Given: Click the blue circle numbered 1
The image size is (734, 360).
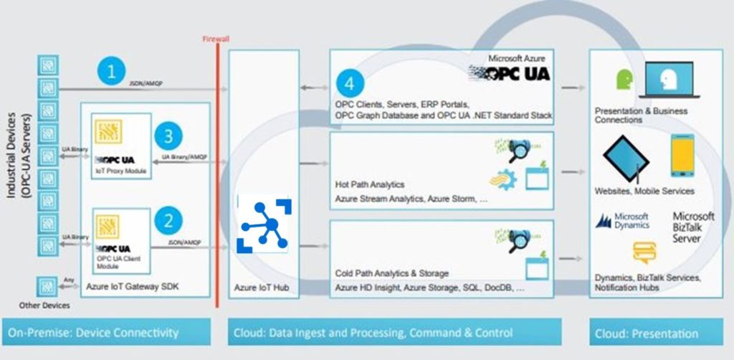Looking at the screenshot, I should click(111, 72).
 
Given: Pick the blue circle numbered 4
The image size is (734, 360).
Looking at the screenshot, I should click(349, 83).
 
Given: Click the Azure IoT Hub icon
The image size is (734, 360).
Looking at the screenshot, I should click(264, 224).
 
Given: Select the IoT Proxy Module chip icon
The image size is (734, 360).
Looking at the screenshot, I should click(109, 132).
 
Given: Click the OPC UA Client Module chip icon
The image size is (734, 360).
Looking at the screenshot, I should click(109, 225).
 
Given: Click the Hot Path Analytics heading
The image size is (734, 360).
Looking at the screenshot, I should click(369, 184).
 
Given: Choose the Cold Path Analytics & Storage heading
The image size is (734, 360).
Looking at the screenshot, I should click(391, 273).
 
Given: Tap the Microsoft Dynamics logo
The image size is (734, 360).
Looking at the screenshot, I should click(622, 221).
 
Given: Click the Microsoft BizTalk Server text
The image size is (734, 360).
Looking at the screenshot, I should click(693, 227).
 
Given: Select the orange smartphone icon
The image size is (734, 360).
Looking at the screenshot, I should click(682, 156).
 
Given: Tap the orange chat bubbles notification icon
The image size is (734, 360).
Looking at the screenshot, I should click(644, 252).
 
